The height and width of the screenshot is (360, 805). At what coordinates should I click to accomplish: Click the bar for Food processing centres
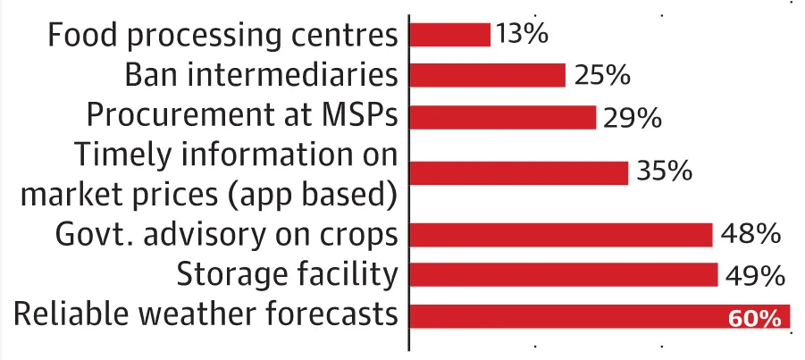pos(449,35)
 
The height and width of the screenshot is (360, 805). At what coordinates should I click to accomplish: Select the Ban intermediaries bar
pos(487,75)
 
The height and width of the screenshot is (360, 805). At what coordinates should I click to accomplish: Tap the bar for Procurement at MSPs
pos(502,117)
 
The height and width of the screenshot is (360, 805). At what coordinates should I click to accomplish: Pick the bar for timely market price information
pos(518,172)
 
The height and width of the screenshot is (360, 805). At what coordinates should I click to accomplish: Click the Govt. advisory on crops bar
pos(560,234)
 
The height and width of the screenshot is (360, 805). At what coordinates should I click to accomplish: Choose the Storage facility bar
pos(564,275)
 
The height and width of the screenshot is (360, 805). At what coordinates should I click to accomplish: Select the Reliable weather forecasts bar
pos(572,316)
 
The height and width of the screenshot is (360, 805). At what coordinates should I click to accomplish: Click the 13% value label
pos(523,35)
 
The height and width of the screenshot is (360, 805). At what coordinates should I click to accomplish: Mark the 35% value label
pos(665,172)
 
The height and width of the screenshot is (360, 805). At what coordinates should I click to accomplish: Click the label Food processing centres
pos(222,36)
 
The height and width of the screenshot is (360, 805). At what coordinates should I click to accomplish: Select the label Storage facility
pos(286,275)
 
